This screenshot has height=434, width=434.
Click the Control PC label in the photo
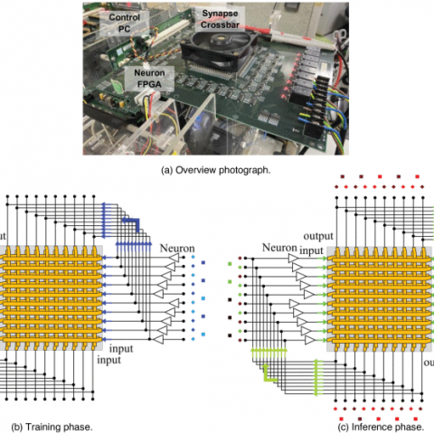(x=124, y=23)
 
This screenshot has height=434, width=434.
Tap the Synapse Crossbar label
(x=220, y=19)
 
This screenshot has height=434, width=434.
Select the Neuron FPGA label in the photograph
(x=149, y=79)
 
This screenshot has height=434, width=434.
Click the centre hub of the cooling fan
(x=219, y=40)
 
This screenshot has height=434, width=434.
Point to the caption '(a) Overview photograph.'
(x=216, y=170)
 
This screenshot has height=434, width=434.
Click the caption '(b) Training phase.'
(x=52, y=427)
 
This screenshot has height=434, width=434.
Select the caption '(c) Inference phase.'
(x=381, y=427)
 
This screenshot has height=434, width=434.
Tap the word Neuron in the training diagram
(x=177, y=249)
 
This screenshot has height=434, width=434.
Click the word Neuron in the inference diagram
(x=279, y=248)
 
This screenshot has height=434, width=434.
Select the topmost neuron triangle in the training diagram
(x=174, y=258)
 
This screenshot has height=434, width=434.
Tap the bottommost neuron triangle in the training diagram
(x=158, y=339)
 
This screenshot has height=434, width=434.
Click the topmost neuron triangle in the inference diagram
(x=294, y=259)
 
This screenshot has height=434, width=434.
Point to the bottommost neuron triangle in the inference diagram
(x=310, y=340)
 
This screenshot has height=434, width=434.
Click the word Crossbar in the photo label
(x=220, y=24)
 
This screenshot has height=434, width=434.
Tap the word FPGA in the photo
(x=149, y=84)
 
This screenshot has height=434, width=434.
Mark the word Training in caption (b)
(x=42, y=427)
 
